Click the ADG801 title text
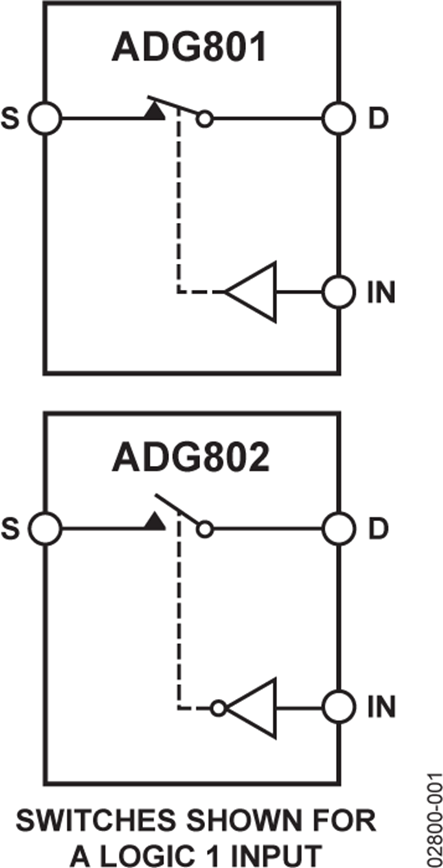click(x=189, y=48)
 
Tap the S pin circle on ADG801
click(x=45, y=119)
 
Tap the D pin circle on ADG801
click(x=339, y=119)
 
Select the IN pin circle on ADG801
click(x=339, y=293)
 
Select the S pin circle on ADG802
click(x=45, y=529)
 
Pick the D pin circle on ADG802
click(x=339, y=529)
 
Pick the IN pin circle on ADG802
click(x=339, y=708)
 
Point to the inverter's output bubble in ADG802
click(x=218, y=708)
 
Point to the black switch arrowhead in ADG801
click(x=155, y=111)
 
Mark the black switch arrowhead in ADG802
click(x=155, y=522)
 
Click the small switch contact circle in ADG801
click(x=205, y=119)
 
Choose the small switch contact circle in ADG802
click(x=205, y=530)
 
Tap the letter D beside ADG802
click(x=378, y=529)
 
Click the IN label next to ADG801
click(x=380, y=293)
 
